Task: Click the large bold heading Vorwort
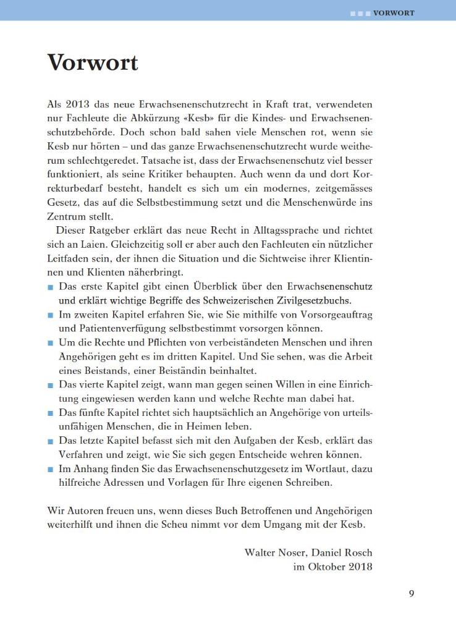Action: click(x=93, y=62)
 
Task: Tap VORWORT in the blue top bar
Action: click(x=394, y=12)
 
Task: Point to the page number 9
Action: click(x=412, y=594)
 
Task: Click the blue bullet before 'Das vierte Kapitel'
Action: click(x=50, y=384)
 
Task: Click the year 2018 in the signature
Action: click(x=359, y=566)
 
